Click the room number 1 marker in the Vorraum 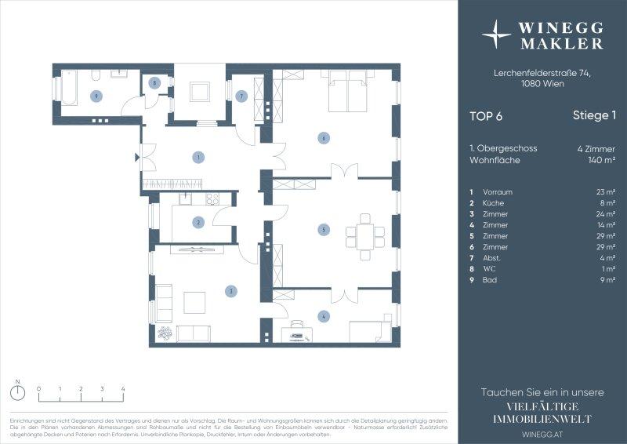pyautogui.click(x=199, y=158)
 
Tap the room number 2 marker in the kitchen pyautogui.click(x=199, y=222)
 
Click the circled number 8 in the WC pyautogui.click(x=155, y=82)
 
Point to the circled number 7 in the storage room pyautogui.click(x=241, y=96)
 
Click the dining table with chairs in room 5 pyautogui.click(x=366, y=236)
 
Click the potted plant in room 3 pyautogui.click(x=165, y=333)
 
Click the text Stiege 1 pyautogui.click(x=594, y=116)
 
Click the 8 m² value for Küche pyautogui.click(x=605, y=202)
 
